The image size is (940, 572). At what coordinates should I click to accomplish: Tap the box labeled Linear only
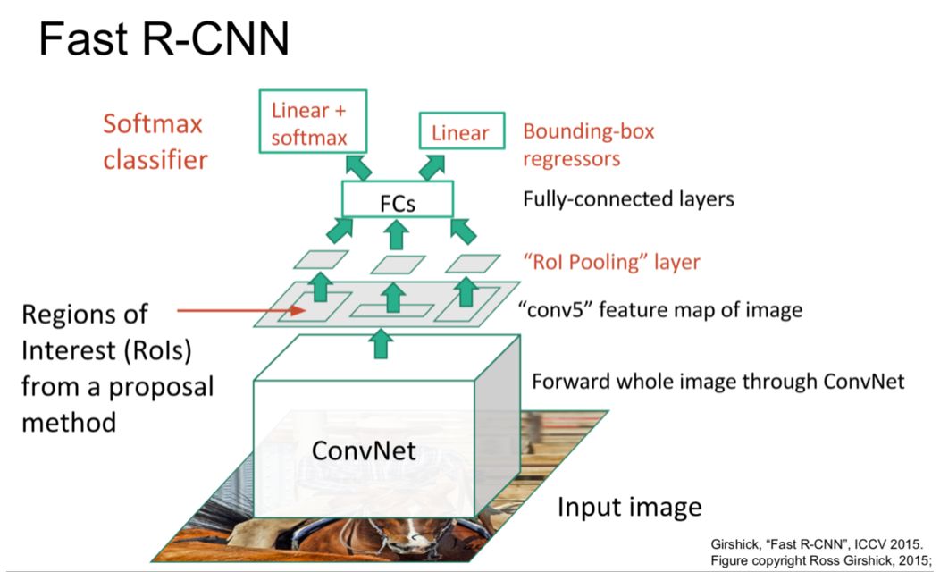pos(461,133)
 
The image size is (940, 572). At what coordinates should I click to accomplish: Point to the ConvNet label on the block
pos(364,450)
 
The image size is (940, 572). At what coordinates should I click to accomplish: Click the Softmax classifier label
pos(155,141)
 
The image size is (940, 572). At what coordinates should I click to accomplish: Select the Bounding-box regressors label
pos(588,144)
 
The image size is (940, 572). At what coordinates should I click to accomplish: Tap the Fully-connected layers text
pos(628,198)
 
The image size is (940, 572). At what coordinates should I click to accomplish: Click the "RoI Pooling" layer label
pos(610,263)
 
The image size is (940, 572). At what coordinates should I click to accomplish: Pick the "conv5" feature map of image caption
pos(660,310)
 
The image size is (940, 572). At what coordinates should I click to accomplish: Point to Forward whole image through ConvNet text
pos(718,382)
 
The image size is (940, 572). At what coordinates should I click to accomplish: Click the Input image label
pos(629,507)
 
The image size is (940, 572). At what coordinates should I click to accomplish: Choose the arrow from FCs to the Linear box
pos(435,165)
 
